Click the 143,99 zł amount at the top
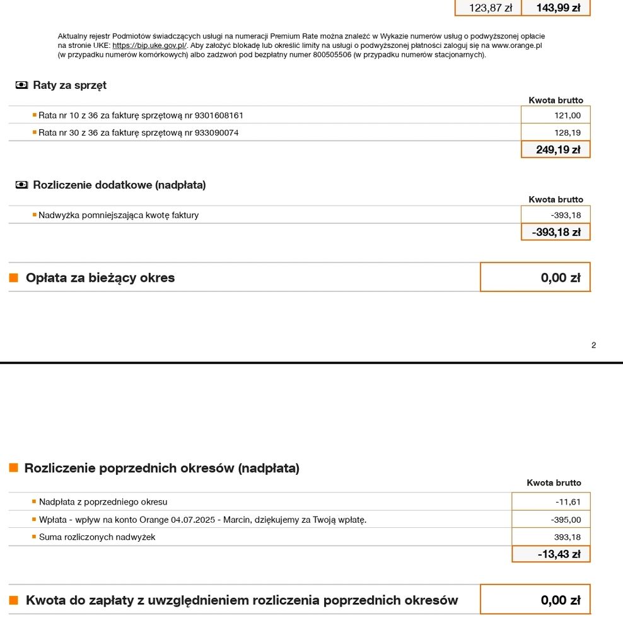[558, 8]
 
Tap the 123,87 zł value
[491, 8]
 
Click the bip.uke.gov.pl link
[149, 46]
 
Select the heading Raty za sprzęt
[69, 85]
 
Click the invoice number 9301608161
[219, 115]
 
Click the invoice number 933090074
[216, 132]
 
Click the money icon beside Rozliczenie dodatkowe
[22, 185]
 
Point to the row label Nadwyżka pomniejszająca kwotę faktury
[119, 215]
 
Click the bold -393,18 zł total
[556, 232]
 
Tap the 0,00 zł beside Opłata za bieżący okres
[560, 277]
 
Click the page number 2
[593, 345]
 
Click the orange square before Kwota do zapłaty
[14, 600]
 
